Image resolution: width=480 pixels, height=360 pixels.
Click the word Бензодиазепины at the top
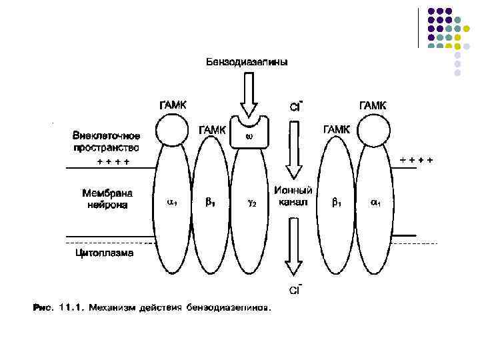[247, 62]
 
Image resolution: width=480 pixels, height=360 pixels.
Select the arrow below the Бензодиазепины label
[248, 94]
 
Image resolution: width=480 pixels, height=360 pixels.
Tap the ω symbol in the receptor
[248, 137]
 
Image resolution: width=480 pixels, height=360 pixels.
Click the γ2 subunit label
[253, 203]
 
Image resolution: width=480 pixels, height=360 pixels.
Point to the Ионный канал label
[293, 196]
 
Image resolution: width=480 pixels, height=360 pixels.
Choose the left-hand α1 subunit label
[171, 202]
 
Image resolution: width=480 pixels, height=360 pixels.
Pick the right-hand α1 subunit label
[375, 202]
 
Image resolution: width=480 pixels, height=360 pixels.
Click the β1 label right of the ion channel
[337, 202]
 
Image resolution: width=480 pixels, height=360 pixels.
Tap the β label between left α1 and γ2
[210, 203]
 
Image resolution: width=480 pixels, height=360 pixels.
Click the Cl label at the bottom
[295, 290]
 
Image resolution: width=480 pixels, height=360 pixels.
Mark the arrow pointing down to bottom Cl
[293, 252]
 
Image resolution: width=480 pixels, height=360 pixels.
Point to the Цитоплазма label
[103, 253]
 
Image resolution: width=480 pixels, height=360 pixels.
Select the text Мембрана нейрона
[107, 199]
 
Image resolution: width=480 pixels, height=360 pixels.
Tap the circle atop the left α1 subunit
[171, 132]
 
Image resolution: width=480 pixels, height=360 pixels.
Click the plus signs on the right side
[416, 159]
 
